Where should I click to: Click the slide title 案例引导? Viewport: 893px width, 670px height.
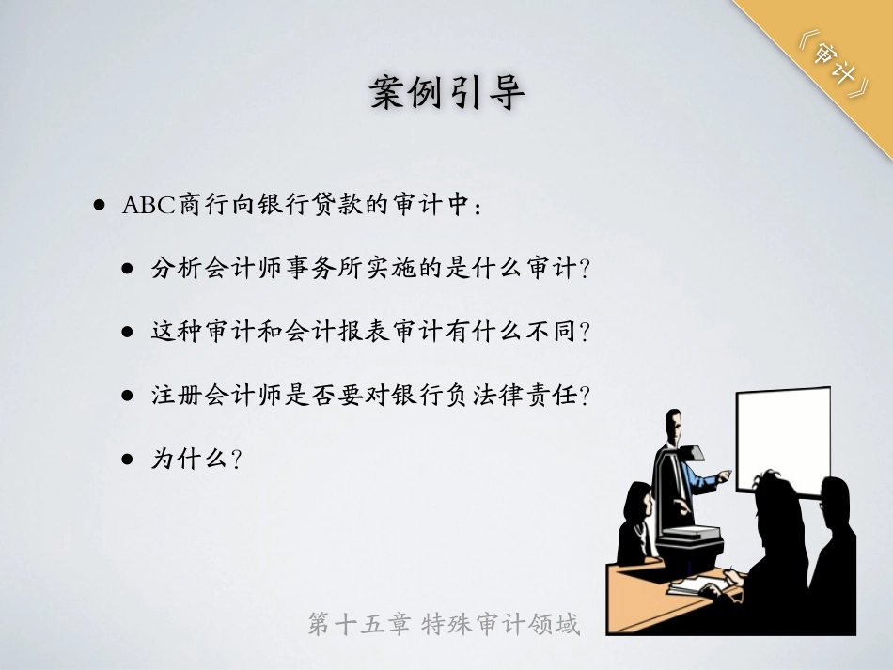point(447,93)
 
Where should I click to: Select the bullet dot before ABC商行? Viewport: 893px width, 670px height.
point(101,205)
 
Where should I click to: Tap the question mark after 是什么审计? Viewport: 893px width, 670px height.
point(584,269)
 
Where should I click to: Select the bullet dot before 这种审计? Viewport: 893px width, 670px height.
point(128,332)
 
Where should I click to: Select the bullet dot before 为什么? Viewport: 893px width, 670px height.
point(128,459)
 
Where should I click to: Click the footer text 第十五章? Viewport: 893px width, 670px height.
point(359,624)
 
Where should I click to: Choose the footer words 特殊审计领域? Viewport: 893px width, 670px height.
point(501,624)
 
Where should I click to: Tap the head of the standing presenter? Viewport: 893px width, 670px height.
point(674,425)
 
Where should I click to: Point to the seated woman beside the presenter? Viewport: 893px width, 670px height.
point(637,523)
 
